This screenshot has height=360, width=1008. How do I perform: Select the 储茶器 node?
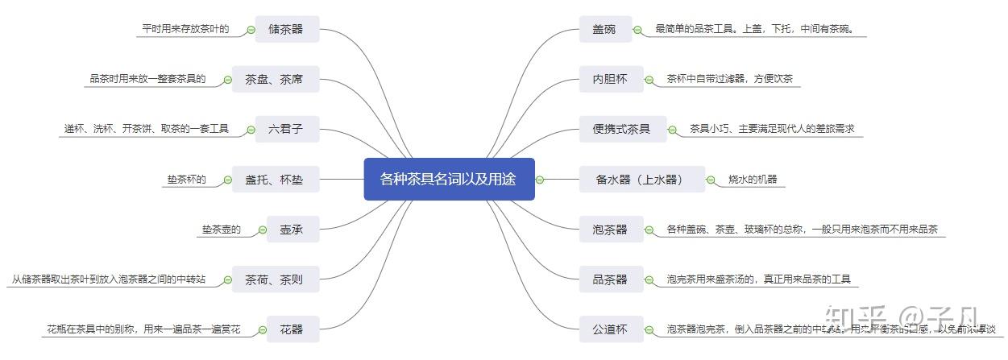286,29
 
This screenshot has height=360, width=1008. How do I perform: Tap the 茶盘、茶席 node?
274,79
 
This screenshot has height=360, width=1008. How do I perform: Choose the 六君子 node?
284,129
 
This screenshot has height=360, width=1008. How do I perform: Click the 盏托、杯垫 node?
274,180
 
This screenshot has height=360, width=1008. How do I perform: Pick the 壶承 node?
285,230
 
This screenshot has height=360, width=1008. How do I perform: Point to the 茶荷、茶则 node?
274,279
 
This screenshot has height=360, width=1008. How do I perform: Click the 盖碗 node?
598,30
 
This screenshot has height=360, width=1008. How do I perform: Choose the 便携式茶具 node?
616,129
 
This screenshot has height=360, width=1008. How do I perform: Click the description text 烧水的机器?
753,179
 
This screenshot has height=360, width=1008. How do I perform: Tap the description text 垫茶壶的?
221,230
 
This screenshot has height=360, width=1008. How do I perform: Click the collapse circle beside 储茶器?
251,30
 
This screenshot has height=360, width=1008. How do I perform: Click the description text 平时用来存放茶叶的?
185,29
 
